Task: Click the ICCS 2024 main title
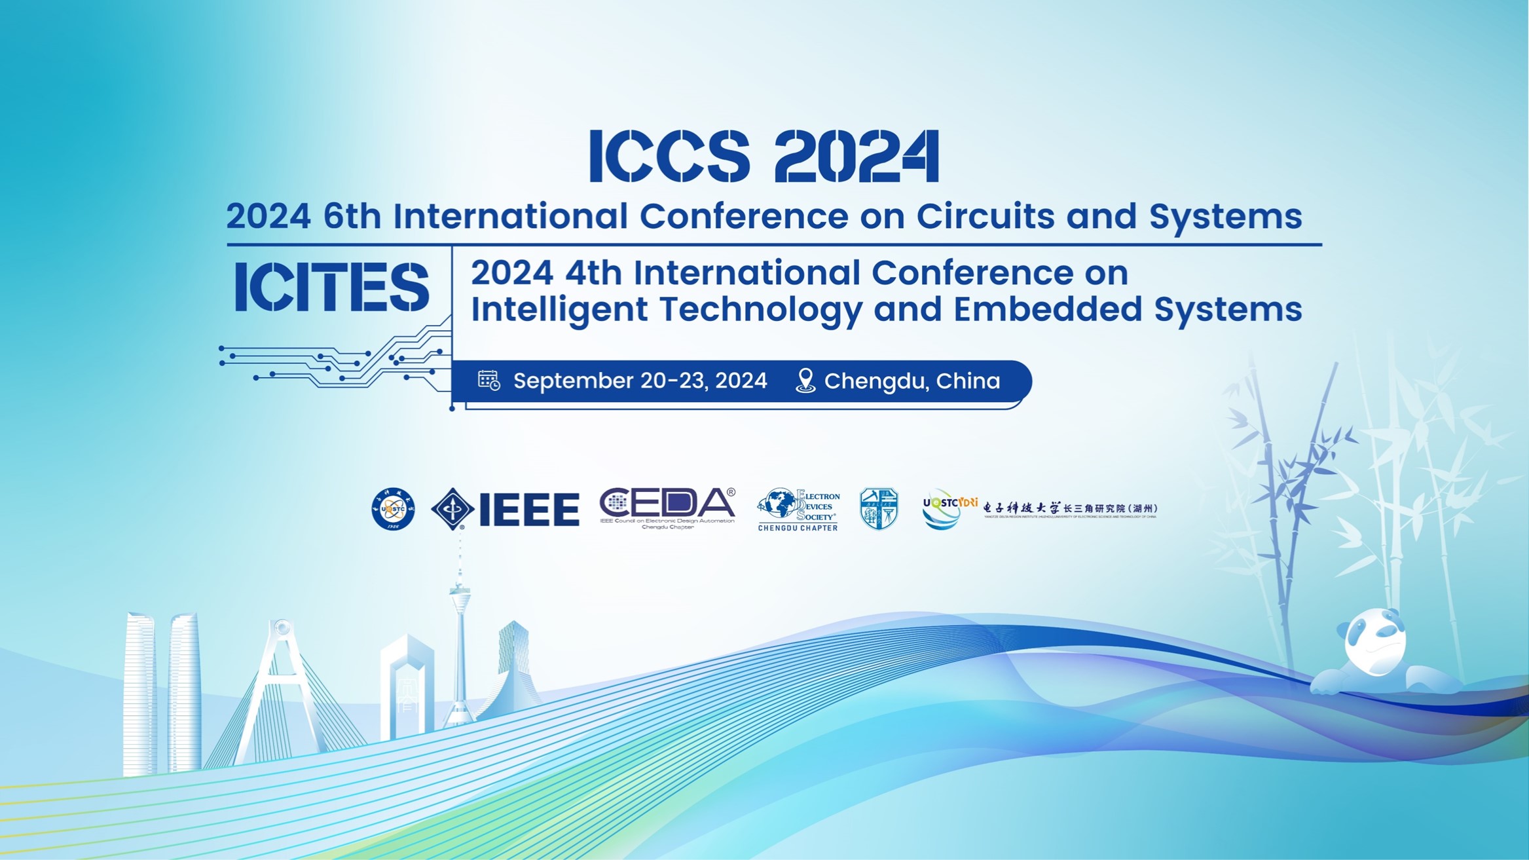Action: [764, 156]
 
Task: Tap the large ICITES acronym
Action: [331, 288]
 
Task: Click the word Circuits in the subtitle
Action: [986, 216]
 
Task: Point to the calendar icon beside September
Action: [488, 381]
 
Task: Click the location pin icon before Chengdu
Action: [805, 381]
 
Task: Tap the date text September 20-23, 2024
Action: [640, 381]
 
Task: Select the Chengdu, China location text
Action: [912, 381]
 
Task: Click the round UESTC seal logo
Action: [393, 509]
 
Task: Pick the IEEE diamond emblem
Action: [452, 509]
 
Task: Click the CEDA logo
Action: [667, 506]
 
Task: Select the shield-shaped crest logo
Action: [879, 509]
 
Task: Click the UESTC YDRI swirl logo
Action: [941, 510]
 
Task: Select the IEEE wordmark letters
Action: [529, 510]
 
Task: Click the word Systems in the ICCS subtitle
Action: [1225, 216]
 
